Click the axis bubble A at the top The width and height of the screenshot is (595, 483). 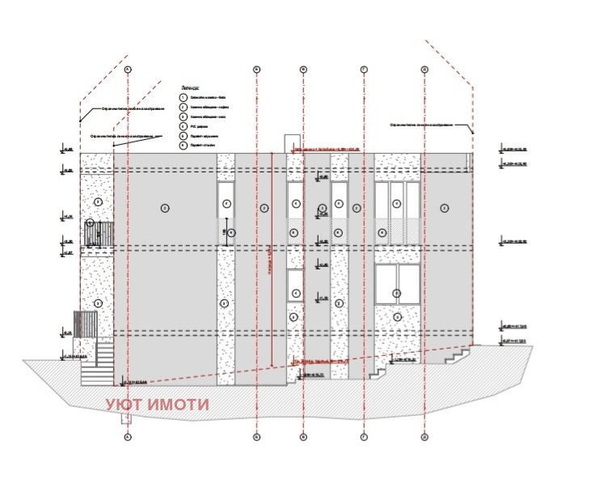click(x=128, y=69)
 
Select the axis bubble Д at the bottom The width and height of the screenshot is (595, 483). click(x=424, y=437)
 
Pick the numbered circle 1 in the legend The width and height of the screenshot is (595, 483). click(x=184, y=96)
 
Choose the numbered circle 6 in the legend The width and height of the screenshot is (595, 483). click(x=184, y=146)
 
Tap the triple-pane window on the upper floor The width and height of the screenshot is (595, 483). click(x=397, y=211)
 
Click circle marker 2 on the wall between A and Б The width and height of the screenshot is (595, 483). click(x=164, y=208)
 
